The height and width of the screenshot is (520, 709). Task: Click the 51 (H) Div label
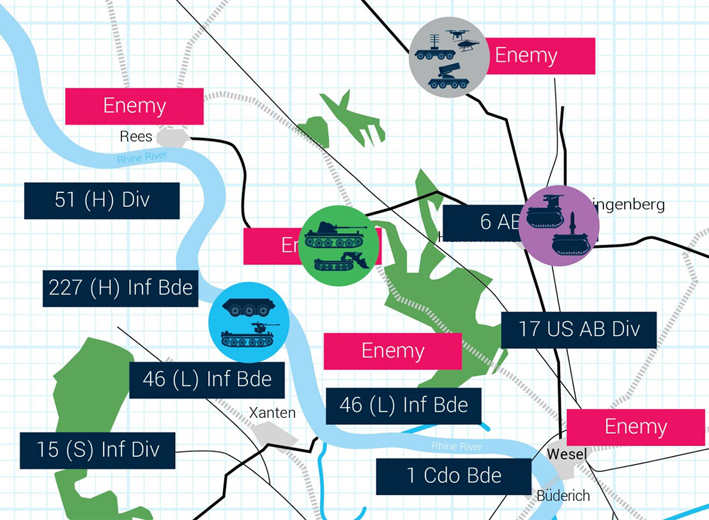coord(102,201)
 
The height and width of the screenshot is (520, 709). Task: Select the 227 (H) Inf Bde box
coord(121,287)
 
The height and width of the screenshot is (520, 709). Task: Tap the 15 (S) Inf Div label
coord(97,450)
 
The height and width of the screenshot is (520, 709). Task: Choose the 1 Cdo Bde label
coord(454,476)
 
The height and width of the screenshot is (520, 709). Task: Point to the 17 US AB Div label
coord(579,330)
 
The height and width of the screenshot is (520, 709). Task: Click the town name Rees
coord(136,136)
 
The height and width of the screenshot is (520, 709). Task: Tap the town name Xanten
coord(272,413)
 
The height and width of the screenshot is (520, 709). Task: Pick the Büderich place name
coord(563,496)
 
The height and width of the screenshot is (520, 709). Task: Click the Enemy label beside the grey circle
coord(540,56)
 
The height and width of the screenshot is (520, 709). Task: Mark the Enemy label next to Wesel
coord(636,427)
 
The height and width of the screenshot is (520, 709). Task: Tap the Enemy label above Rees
coord(134,106)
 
